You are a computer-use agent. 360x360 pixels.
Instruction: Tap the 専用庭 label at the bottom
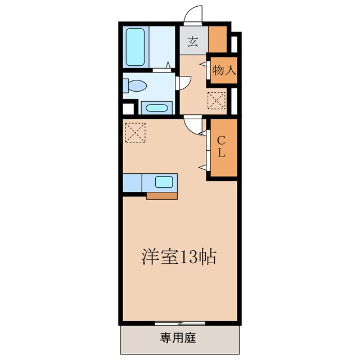[178, 337]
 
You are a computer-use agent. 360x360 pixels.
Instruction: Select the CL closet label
[222, 146]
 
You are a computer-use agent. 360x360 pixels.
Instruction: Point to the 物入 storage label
[224, 70]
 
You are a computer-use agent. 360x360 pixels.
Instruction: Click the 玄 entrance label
[193, 41]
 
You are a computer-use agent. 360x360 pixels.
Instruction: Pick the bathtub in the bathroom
[136, 46]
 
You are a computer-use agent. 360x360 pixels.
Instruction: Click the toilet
[136, 86]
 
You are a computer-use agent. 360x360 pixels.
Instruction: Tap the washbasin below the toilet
[156, 107]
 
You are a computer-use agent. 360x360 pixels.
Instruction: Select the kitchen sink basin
[164, 182]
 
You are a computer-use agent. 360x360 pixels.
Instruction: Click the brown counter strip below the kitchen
[162, 196]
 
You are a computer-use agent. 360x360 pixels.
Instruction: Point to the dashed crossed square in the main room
[135, 133]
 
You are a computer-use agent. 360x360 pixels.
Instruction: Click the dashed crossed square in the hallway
[216, 101]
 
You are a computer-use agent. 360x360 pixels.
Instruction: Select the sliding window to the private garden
[180, 323]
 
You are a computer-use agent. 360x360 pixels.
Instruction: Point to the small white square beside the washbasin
[128, 109]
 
